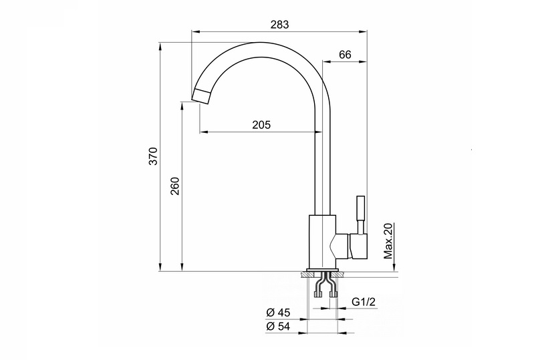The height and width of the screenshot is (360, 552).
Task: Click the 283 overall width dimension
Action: pyautogui.click(x=279, y=24)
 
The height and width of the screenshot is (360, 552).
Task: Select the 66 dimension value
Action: pyautogui.click(x=345, y=55)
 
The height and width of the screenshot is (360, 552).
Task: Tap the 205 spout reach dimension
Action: pyautogui.click(x=261, y=125)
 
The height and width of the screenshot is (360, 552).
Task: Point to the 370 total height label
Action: pyautogui.click(x=154, y=156)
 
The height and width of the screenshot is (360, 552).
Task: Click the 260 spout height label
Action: pyautogui.click(x=175, y=186)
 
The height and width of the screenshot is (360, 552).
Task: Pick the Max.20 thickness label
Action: pyautogui.click(x=388, y=241)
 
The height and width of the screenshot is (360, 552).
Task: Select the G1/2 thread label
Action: pyautogui.click(x=364, y=302)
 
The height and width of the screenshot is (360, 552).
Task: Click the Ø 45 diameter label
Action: pyautogui.click(x=278, y=313)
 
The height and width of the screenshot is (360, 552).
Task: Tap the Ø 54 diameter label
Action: pyautogui.click(x=278, y=326)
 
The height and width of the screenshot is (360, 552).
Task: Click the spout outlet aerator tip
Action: pyautogui.click(x=201, y=96)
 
